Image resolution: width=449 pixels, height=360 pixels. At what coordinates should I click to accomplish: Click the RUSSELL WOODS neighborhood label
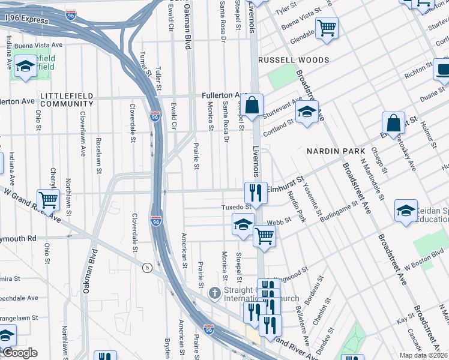point(294,60)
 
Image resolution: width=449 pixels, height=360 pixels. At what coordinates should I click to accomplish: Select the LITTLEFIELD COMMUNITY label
point(67,100)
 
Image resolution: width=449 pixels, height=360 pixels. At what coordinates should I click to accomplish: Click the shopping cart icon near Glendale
point(327,28)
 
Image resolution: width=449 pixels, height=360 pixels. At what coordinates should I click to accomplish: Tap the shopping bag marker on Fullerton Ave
point(253,105)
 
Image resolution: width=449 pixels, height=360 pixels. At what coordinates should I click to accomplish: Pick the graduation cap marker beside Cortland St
point(307,112)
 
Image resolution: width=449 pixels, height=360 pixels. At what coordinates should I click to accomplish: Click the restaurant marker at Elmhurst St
point(256,193)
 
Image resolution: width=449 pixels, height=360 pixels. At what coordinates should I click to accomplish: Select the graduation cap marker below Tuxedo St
point(243,225)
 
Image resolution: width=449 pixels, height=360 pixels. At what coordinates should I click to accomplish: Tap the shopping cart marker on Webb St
point(264,236)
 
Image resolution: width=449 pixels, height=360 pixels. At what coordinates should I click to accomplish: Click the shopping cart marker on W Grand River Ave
point(48,199)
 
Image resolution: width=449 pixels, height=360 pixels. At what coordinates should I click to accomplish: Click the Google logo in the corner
point(19,353)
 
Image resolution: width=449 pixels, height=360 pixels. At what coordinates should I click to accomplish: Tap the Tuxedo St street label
point(235,207)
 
